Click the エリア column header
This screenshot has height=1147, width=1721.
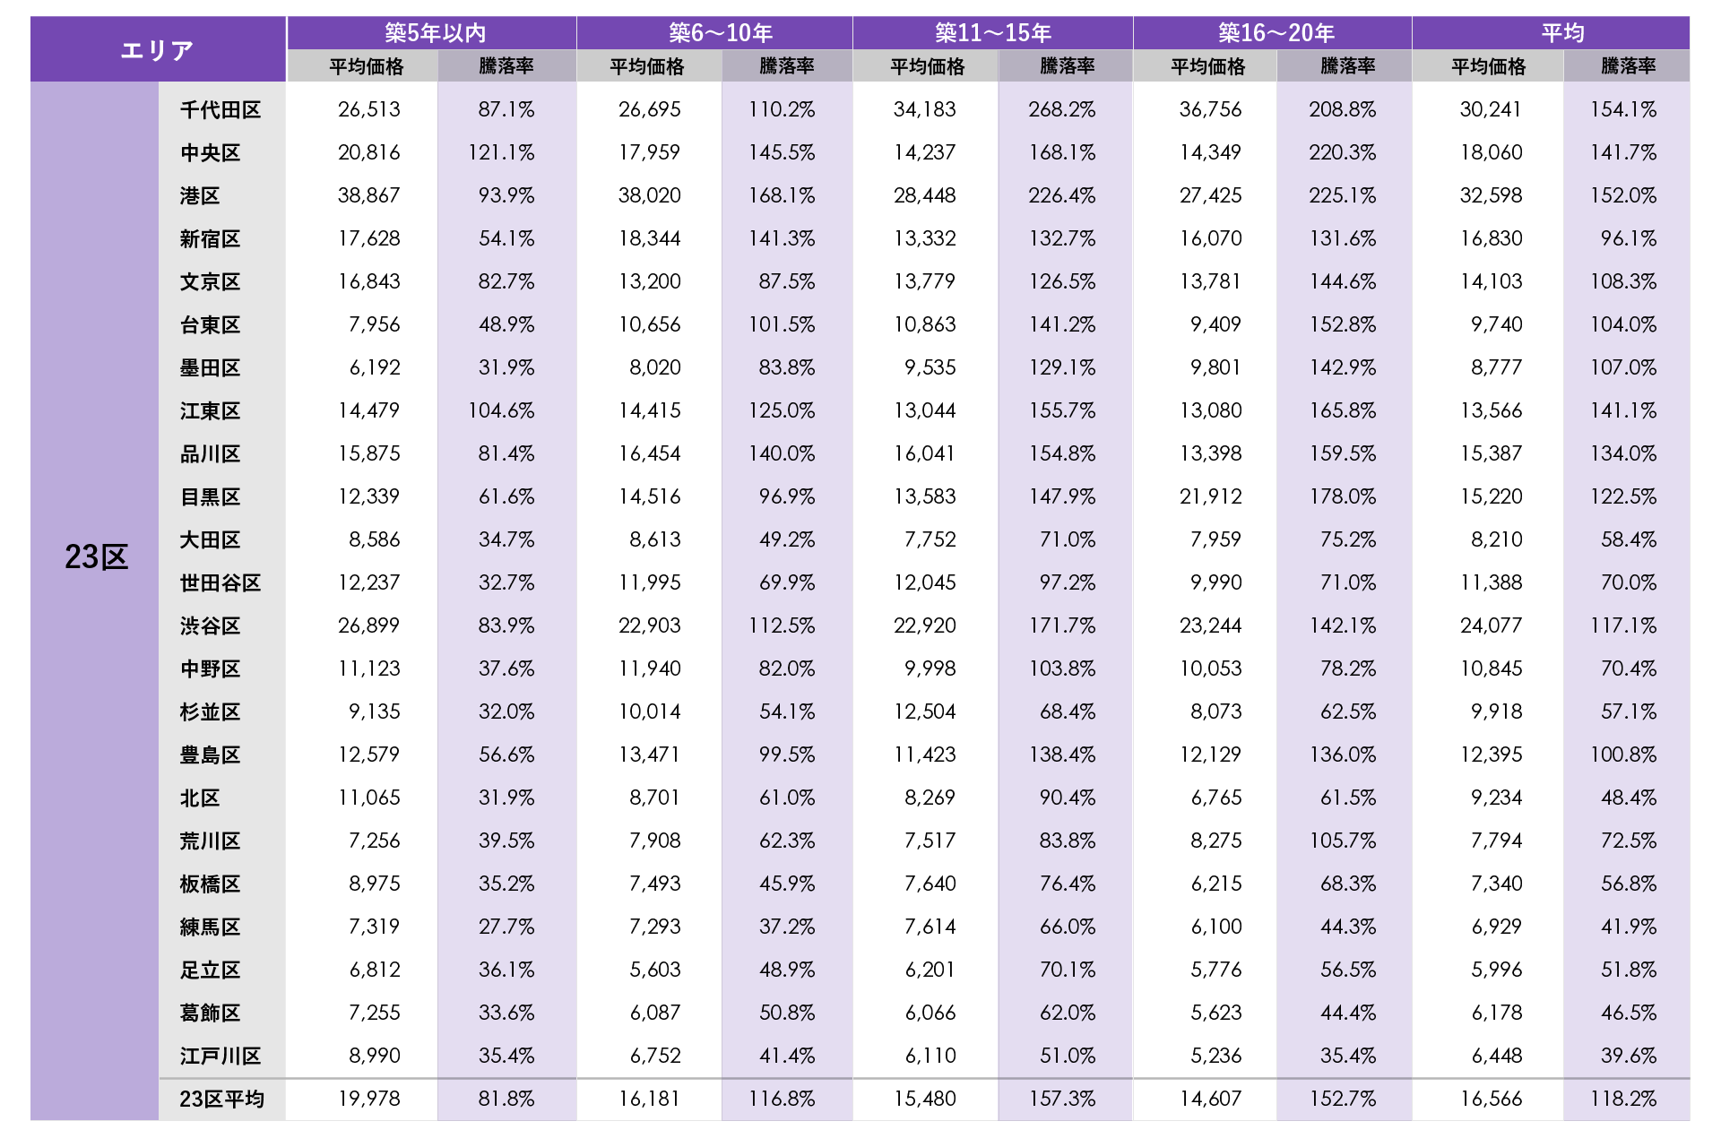158,50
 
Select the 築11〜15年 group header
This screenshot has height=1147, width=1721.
992,33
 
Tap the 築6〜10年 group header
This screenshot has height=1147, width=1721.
720,33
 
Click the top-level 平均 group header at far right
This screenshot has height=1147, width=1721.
1562,33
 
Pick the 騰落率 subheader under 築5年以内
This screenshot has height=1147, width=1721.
506,66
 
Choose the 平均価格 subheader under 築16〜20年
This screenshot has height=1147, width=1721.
1207,66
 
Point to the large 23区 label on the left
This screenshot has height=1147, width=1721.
96,557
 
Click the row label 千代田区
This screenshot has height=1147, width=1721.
221,109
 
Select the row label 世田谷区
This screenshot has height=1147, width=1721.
221,582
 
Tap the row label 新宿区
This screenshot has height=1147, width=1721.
211,238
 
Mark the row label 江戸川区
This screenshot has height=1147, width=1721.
221,1056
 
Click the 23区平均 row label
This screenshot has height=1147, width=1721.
221,1099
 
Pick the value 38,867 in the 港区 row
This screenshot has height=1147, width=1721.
368,195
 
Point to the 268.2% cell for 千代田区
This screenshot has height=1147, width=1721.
1062,109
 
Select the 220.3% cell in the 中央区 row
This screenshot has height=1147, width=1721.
1342,152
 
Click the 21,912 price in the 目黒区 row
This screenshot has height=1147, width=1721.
1210,496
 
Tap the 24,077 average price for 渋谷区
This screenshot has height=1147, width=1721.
1491,625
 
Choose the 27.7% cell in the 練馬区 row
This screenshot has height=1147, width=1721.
506,927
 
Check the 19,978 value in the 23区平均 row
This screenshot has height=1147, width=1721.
368,1099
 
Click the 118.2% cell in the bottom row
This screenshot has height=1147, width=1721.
1623,1099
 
